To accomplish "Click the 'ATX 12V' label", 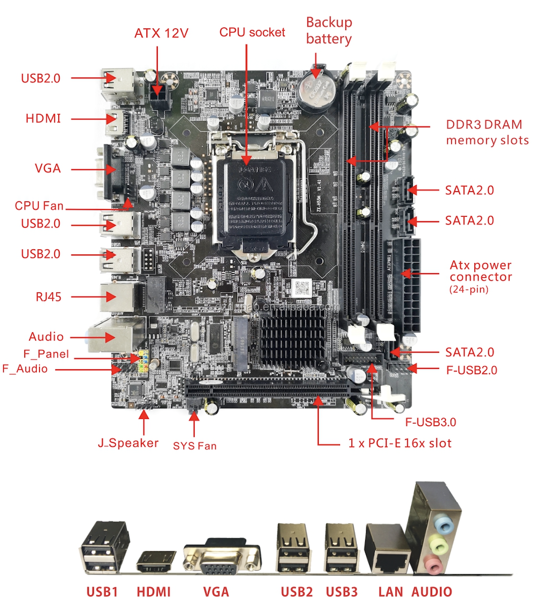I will coord(161,33).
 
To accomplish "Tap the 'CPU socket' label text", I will coord(252,32).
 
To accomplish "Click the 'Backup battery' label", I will coord(329,31).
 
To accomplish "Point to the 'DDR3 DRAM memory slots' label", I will coord(487,132).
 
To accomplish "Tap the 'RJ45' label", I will coord(49,297).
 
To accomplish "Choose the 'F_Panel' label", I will coord(46,354).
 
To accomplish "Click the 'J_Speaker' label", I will coord(128,443).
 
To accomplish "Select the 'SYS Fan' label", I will coord(195,446).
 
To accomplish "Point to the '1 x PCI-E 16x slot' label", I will coord(400,443).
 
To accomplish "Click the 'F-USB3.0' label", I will coord(430,422).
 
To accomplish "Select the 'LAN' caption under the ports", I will coord(390,592).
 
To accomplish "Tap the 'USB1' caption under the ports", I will coord(102,592).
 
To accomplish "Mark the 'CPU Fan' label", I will coord(39,206).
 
